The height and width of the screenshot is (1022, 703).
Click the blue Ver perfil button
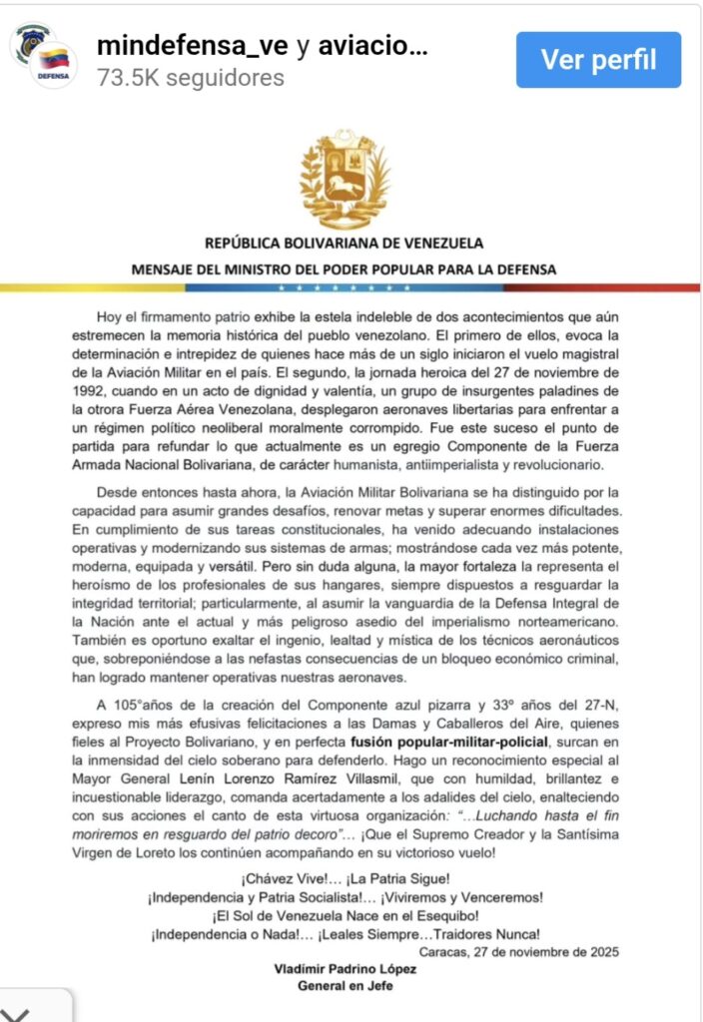point(598,60)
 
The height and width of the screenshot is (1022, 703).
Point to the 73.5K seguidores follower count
point(191,78)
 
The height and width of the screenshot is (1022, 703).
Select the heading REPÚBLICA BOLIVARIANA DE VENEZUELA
point(344,243)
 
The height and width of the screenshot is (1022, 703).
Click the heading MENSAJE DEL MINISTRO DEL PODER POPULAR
point(344,269)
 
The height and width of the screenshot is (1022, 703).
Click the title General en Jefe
point(344,986)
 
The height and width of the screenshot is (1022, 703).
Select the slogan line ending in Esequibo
point(345,915)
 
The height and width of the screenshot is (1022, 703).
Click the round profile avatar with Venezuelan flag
point(45,58)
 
